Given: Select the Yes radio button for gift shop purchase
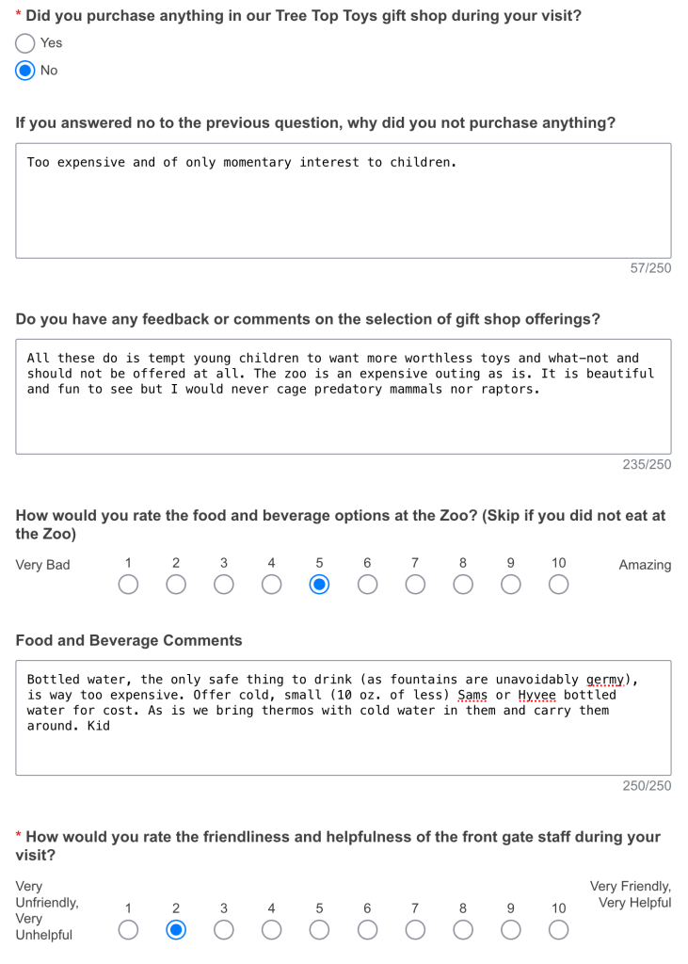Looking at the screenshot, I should coord(25,43).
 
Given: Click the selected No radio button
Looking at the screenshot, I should coord(25,71).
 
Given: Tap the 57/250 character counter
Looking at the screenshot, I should coord(650,268).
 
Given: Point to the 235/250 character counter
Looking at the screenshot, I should coord(647,464).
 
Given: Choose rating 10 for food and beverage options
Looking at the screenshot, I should coord(558,585).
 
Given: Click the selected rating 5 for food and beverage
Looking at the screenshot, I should coord(319,585).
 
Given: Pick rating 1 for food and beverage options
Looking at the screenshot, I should coord(128,585).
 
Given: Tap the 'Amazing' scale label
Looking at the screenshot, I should coord(645,565).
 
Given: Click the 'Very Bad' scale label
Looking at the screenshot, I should coord(42,565).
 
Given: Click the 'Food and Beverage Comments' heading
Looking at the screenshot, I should coord(129,640).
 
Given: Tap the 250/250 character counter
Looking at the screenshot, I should coord(647,785).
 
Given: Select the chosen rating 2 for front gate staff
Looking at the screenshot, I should coord(176,930).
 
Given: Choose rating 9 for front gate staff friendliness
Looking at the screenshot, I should coord(510,930).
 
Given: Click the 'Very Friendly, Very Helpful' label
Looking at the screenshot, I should coord(631,894).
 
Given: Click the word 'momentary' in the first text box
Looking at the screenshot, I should coord(257,162).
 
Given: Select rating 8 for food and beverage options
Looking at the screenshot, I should coord(463,585).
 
